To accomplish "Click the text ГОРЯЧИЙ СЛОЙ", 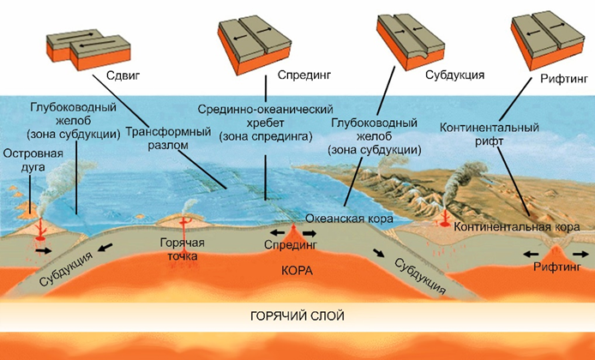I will (x=297, y=316).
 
